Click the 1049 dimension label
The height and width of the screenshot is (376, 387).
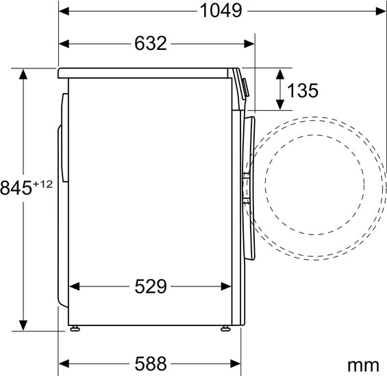pos(221,11)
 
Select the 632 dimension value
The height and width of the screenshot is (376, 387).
pos(151,43)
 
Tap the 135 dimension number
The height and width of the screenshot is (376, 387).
pos(303,90)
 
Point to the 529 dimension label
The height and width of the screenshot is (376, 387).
pos(151,286)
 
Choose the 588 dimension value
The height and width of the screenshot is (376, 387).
pos(151,364)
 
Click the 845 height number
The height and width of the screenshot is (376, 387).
pos(16,188)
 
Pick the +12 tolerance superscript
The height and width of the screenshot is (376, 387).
pos(42,184)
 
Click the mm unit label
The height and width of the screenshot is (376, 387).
pos(363,366)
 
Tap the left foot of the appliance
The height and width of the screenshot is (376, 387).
pos(75,328)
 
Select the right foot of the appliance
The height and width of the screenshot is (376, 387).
pos(225,328)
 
